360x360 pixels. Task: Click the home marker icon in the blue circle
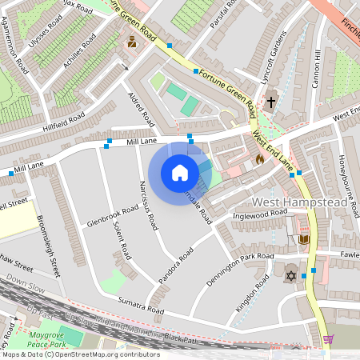pos(180,172)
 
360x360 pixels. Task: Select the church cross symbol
pos(271,102)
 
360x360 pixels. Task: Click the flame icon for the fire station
pos(259,159)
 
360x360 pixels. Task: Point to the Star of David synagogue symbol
pos(290,275)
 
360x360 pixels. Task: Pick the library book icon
pos(303,238)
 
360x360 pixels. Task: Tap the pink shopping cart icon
pos(328,339)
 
